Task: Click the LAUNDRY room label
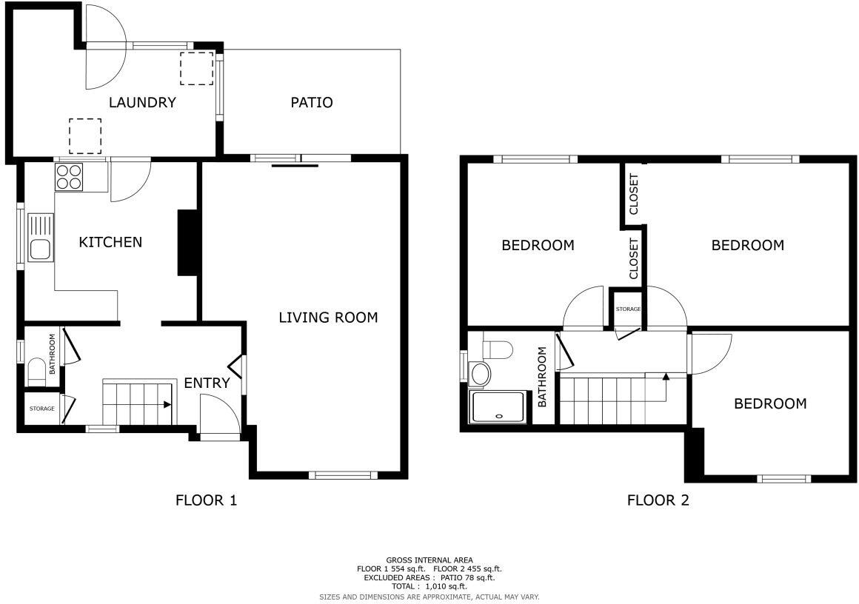[x=142, y=102]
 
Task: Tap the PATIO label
[x=311, y=102]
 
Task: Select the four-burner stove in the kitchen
[x=70, y=177]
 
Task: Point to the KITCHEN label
[x=110, y=242]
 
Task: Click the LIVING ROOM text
[x=328, y=318]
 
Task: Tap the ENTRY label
[x=207, y=383]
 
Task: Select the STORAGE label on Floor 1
[x=41, y=409]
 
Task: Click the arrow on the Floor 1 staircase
[x=167, y=405]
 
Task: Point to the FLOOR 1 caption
[x=206, y=500]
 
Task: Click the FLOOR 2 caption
[x=658, y=500]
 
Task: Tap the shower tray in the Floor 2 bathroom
[x=498, y=407]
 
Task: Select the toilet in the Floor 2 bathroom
[x=497, y=347]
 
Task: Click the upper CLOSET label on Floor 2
[x=634, y=194]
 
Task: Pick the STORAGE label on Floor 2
[x=628, y=309]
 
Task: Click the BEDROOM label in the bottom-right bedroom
[x=770, y=403]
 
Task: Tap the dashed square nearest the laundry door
[x=196, y=68]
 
